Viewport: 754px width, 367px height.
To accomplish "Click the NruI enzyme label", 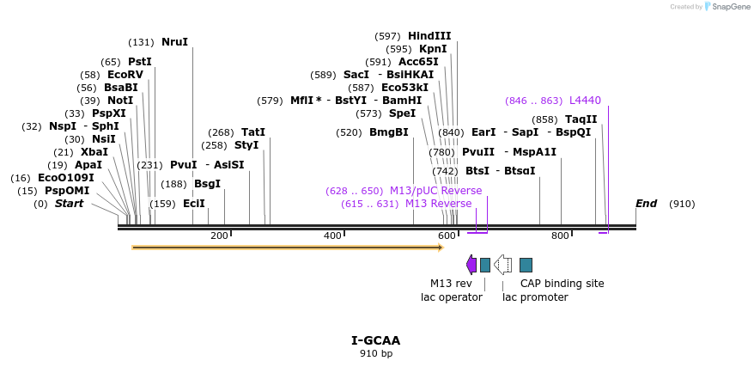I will (174, 41).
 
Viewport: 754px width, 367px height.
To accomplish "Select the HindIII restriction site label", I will (429, 36).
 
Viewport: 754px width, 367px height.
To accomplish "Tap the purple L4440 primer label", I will (585, 101).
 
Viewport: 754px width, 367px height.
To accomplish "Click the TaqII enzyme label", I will (581, 119).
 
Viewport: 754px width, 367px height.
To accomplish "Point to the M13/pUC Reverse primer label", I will (435, 191).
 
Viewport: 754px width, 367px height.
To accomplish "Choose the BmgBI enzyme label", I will (388, 132).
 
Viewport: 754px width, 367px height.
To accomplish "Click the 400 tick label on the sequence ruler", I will (332, 235).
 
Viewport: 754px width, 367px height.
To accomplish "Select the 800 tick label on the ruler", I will (560, 235).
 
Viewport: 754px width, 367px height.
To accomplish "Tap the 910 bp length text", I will (376, 353).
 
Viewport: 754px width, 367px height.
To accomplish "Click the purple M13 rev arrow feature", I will (471, 265).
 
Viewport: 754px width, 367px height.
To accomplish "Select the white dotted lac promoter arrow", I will (503, 265).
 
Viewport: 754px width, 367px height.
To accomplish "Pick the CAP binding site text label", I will (562, 284).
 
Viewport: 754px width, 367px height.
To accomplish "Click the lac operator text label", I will (451, 297).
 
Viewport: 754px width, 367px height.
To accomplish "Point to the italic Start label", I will (70, 204).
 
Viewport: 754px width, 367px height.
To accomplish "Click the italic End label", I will (646, 204).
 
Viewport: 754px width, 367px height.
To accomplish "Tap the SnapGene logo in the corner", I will (727, 7).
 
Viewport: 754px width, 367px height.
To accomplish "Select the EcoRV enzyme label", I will (125, 75).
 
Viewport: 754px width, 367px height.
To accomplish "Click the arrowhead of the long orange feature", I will (440, 248).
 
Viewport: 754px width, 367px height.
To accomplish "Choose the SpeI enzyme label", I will (402, 113).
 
